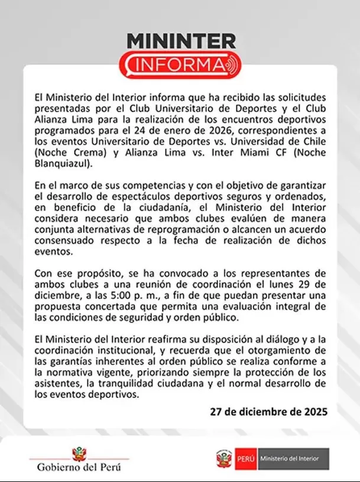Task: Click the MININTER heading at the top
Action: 180,41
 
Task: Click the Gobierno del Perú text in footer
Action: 79,467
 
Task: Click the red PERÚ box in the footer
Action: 245,458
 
